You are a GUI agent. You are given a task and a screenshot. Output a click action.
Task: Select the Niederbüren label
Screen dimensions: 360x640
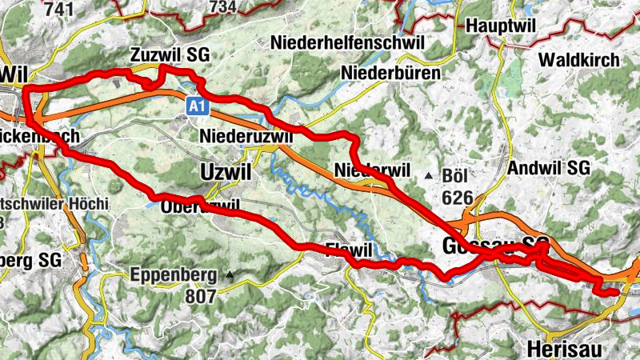[x=391, y=74]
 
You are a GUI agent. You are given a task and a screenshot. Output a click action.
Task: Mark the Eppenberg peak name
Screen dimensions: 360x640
[x=173, y=277]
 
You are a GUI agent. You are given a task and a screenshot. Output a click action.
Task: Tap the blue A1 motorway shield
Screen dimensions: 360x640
[x=198, y=105]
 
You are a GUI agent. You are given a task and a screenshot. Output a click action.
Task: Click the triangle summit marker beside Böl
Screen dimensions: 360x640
[x=430, y=175]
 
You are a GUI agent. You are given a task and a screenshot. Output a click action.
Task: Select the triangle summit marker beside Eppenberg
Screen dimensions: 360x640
[x=230, y=276]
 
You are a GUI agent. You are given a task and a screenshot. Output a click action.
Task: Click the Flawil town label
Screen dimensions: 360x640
[x=350, y=248]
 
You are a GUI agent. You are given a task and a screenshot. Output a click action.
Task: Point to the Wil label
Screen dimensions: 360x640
[x=10, y=72]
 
